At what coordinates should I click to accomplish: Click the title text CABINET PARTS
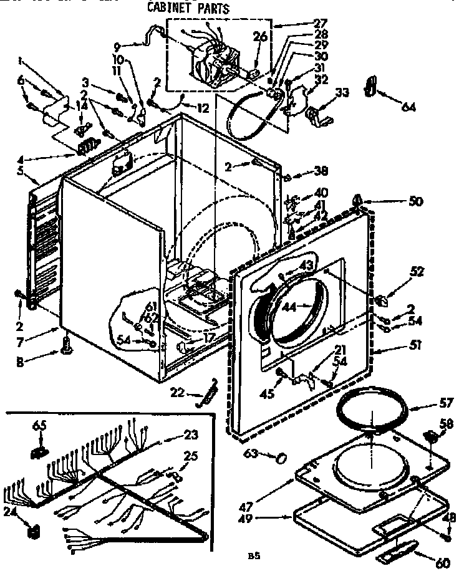188,9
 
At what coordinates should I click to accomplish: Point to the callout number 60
443,562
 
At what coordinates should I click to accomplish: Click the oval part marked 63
282,458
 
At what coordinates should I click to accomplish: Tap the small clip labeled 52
383,300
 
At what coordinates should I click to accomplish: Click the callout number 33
342,94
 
